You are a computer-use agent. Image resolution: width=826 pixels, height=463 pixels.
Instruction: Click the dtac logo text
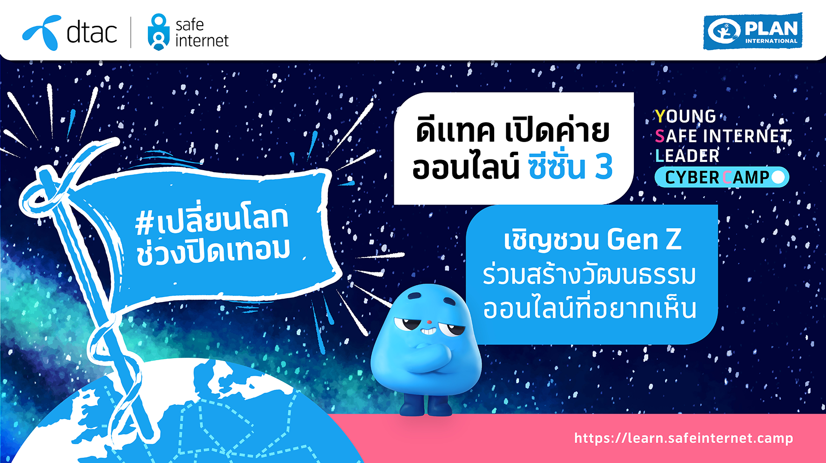[92, 32]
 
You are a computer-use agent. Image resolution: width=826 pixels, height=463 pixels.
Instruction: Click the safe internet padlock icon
[159, 32]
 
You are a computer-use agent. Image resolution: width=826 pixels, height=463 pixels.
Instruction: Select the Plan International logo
[753, 32]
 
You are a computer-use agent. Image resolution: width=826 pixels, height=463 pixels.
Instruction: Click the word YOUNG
[685, 116]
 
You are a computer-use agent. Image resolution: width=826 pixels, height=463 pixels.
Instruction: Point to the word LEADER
[687, 156]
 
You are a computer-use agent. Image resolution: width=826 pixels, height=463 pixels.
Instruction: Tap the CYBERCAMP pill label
[722, 177]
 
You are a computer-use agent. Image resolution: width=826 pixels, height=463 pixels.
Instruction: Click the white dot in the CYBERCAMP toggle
[778, 177]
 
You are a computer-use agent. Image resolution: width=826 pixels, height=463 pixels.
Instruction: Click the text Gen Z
[644, 239]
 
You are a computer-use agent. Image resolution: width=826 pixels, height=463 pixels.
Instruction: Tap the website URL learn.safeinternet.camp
[683, 438]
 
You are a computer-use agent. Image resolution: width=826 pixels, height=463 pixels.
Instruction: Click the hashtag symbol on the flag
[144, 224]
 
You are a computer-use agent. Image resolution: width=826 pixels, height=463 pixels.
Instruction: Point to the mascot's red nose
[429, 322]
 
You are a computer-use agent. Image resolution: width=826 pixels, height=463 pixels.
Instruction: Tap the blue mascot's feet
[425, 405]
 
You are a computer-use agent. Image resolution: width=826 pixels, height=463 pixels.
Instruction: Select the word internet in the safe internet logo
[202, 41]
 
